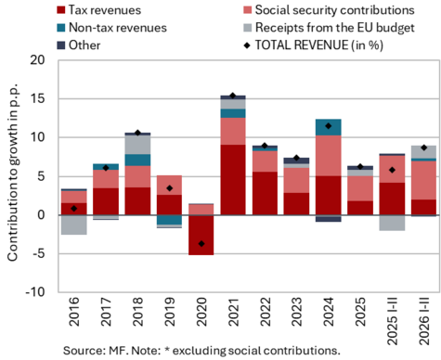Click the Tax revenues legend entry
coord(99,10)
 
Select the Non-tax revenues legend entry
coord(111,28)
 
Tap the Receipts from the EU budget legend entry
coord(329,28)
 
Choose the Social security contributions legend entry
coord(329,10)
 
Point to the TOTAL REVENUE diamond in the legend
coord(247,45)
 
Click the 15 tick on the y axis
coord(37,99)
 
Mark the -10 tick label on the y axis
coord(35,292)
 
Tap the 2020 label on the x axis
coord(201,312)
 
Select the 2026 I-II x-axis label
coord(424,321)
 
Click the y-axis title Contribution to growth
coord(13,172)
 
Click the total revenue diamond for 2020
coord(201,244)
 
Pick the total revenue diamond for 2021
coord(233,96)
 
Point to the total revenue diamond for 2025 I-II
coord(392,170)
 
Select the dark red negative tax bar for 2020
coord(201,235)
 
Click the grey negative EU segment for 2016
coord(73,225)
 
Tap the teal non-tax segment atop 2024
coord(329,127)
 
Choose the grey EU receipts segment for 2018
coord(137,145)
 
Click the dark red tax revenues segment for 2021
coord(233,180)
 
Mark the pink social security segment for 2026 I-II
coord(424,180)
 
